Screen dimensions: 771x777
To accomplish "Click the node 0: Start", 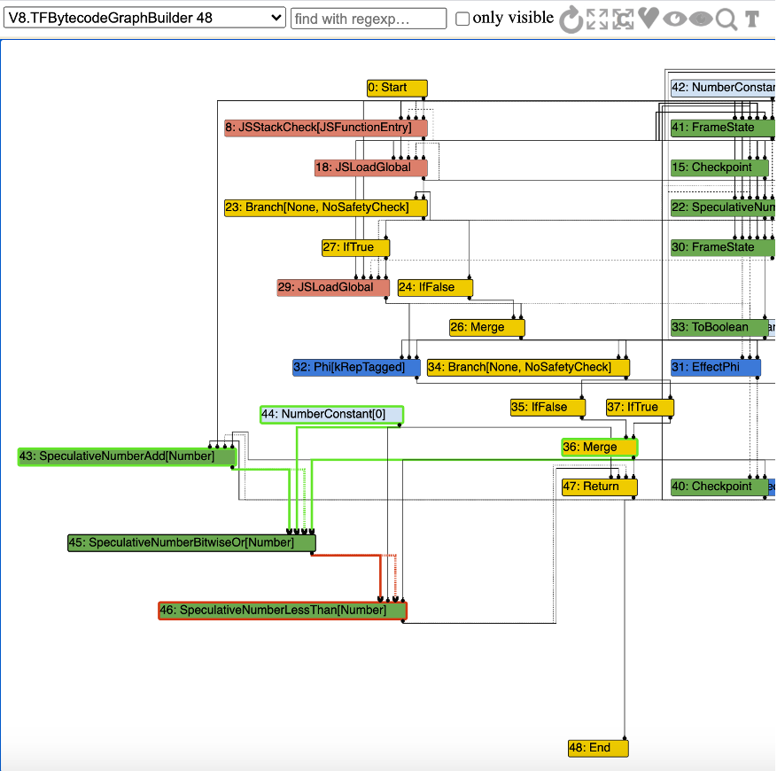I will coord(397,88).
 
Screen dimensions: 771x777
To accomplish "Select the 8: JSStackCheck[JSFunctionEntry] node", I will coord(325,128).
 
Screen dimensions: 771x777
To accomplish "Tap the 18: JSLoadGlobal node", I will coord(370,167).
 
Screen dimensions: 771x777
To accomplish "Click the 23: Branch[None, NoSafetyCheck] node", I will coord(325,207).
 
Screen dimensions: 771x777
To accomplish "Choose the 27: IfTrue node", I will coord(354,247).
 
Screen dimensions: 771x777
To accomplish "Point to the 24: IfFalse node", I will coord(434,287).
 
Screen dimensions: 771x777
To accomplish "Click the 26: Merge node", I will coord(486,327).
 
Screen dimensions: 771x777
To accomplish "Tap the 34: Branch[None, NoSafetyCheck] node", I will coord(528,367).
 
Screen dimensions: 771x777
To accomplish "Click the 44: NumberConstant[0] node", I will coord(331,414).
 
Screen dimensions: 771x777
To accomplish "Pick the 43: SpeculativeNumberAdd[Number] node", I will coord(127,456).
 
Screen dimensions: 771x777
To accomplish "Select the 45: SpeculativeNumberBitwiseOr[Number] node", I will coord(191,542).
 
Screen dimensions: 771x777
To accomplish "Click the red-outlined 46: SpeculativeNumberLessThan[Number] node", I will coord(283,611).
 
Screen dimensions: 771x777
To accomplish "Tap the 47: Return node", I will coord(599,487).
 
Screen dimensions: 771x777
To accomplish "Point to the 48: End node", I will coord(598,748).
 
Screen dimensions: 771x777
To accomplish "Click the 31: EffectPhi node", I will coord(715,367).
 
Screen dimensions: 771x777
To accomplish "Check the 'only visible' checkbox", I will coord(462,19).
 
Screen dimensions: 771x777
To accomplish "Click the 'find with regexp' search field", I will coord(368,19).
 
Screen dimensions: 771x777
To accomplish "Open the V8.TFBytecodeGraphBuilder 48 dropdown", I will coord(144,18).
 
